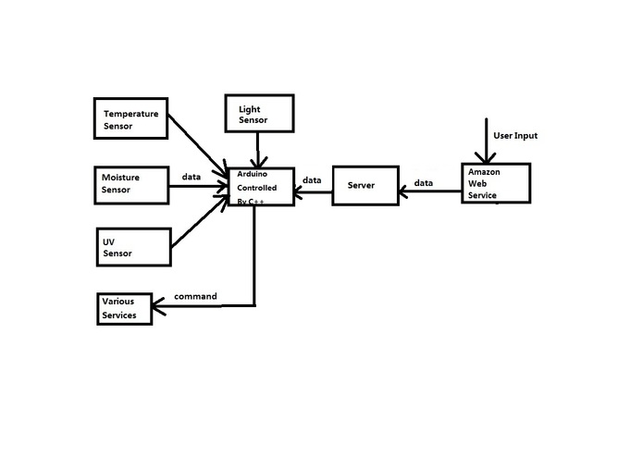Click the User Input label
[515, 136]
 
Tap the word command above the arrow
[195, 296]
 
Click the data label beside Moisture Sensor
[192, 177]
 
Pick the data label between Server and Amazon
[423, 183]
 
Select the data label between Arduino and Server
[312, 179]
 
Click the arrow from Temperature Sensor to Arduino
[198, 147]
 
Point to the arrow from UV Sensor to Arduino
[200, 222]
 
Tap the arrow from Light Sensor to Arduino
[257, 150]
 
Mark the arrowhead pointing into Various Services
[158, 306]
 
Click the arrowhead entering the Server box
[403, 191]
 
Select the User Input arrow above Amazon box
[486, 141]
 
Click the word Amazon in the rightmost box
[484, 172]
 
